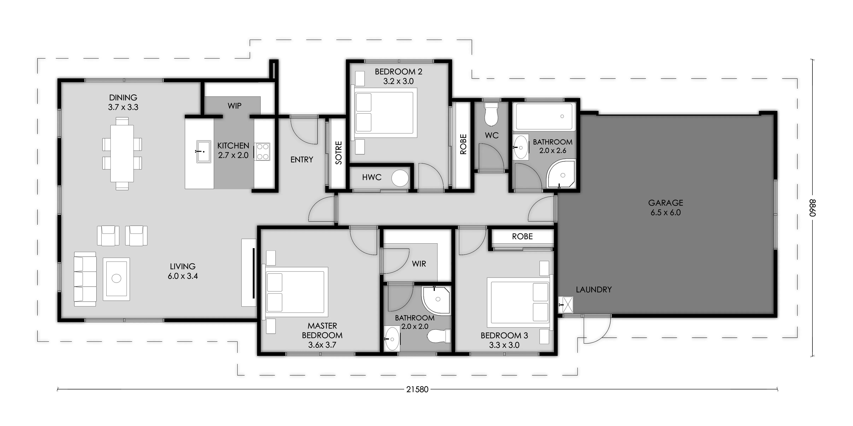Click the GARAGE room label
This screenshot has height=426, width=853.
point(666,203)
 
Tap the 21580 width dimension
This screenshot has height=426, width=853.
point(417,389)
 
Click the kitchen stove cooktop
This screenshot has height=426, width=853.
point(262,152)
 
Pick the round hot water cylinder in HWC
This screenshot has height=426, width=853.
point(400,178)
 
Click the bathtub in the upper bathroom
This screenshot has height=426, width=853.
point(544,117)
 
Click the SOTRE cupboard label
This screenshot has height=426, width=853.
point(338,153)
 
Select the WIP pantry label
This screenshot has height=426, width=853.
point(234,106)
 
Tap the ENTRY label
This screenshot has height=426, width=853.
point(302,159)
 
